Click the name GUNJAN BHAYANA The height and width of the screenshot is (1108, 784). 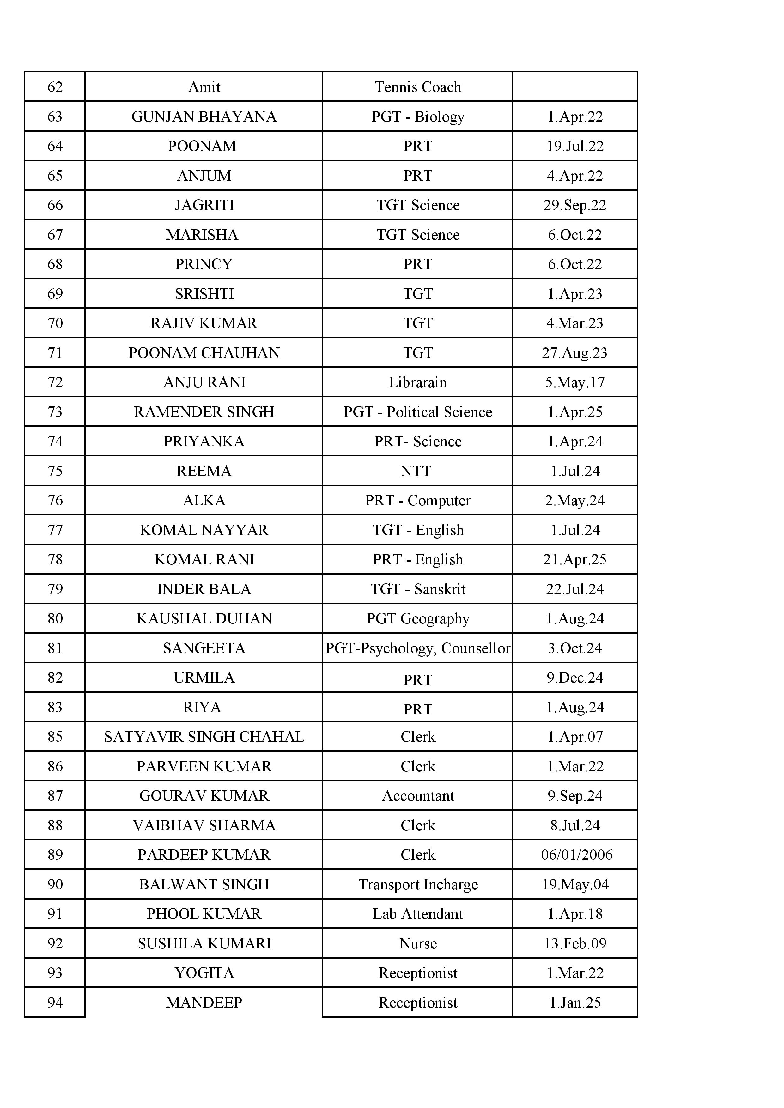coord(204,117)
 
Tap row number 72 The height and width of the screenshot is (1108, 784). coord(55,382)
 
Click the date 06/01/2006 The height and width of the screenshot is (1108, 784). coord(576,855)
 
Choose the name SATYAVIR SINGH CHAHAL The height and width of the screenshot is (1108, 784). coord(204,737)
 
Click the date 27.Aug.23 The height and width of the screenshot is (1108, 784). coord(574,353)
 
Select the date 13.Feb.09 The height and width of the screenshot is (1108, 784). coord(575,943)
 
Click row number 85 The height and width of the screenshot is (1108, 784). coord(55,737)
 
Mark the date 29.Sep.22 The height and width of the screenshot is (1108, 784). coord(574,205)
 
